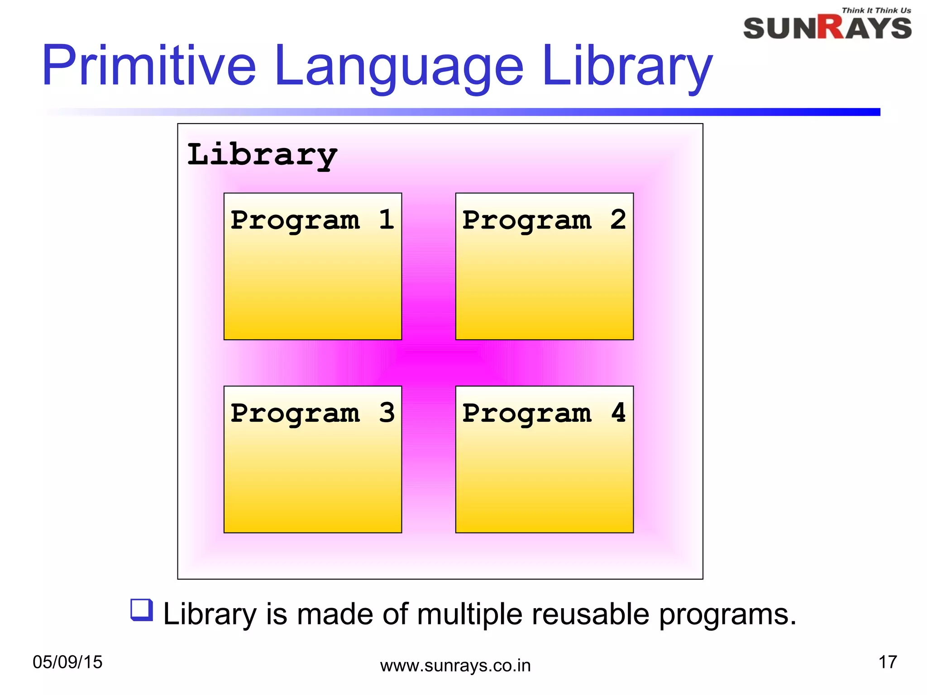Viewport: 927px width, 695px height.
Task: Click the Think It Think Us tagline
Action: click(x=876, y=10)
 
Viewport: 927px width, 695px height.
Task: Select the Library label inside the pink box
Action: click(x=262, y=155)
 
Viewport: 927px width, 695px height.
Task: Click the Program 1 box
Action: click(x=312, y=281)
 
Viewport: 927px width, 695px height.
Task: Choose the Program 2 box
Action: click(x=544, y=281)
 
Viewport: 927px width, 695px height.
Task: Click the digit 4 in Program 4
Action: click(x=618, y=413)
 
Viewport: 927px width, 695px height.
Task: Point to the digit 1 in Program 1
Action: click(x=386, y=219)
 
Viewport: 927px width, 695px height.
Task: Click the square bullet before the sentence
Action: click(x=141, y=609)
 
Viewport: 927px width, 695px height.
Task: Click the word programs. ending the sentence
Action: click(x=727, y=615)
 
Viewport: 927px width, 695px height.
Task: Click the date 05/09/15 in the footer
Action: click(x=67, y=662)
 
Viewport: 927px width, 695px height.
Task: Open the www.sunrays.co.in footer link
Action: click(x=455, y=666)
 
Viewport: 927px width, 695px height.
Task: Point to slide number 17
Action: click(x=887, y=662)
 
